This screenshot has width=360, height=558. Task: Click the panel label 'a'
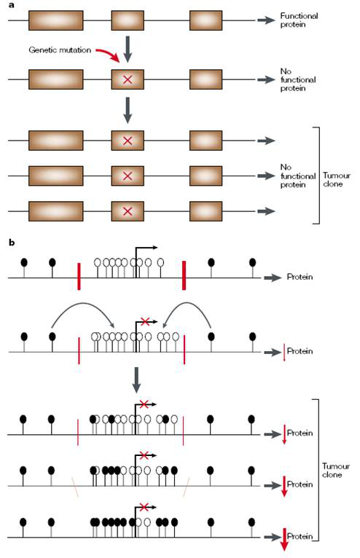(12, 5)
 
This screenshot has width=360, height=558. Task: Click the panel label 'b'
(12, 243)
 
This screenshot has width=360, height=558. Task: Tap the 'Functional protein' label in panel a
(299, 20)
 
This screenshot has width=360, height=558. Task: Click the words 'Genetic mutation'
(60, 50)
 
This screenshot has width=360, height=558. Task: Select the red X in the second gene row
(128, 79)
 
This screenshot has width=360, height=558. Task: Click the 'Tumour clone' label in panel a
(337, 180)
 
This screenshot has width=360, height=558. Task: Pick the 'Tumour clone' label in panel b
(336, 470)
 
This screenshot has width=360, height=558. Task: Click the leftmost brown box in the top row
(56, 20)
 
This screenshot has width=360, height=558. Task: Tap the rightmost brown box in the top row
(206, 20)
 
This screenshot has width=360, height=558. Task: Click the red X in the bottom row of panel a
(128, 211)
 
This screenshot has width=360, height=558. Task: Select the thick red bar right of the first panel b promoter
(184, 275)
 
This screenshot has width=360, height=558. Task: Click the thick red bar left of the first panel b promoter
(79, 277)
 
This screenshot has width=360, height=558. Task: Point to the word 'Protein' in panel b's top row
(300, 277)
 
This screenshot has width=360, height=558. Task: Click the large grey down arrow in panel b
(136, 380)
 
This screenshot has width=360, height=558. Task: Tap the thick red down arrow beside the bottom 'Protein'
(284, 540)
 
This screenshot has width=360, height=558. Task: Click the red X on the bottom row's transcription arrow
(144, 507)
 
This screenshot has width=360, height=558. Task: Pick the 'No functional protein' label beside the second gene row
(298, 79)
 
